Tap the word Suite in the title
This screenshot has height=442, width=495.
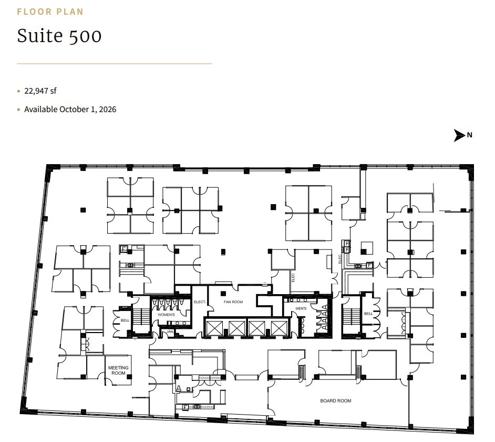[x=36, y=35]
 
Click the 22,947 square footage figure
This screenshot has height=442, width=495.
[x=35, y=91]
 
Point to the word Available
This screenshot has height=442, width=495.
[x=40, y=109]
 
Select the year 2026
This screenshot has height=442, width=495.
[x=107, y=109]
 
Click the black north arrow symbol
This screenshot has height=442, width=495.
[x=460, y=135]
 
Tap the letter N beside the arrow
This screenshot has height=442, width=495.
[x=470, y=135]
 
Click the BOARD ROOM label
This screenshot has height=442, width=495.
[x=336, y=401]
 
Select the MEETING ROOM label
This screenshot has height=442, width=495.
[x=118, y=370]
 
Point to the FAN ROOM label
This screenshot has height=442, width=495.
[x=233, y=302]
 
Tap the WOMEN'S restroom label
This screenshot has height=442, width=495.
[x=166, y=314]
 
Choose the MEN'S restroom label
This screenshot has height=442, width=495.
[x=301, y=308]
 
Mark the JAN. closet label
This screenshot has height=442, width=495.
[x=170, y=332]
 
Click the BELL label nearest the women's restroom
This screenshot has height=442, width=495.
[x=125, y=320]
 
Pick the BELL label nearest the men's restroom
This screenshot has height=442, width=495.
[x=368, y=314]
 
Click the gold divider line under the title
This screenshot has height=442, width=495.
[x=115, y=64]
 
